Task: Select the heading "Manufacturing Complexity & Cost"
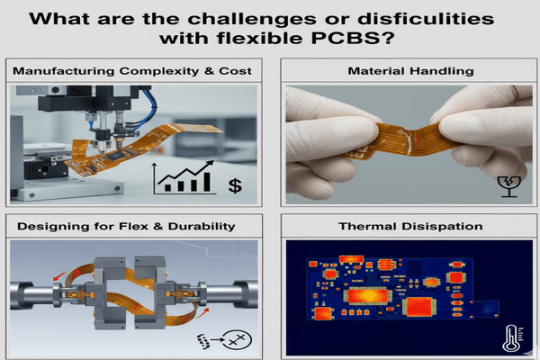tap(132, 70)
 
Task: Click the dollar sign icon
tap(235, 185)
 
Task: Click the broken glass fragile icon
tap(509, 186)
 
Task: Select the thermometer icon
tap(508, 338)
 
